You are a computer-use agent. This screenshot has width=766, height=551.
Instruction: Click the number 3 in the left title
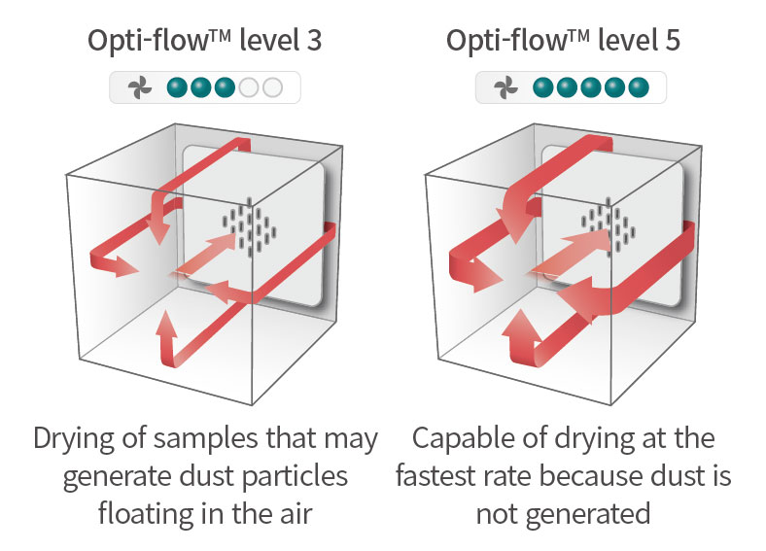[312, 42]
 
